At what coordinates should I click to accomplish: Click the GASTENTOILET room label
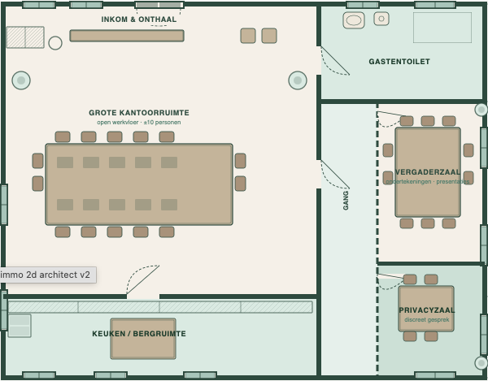(x=399, y=62)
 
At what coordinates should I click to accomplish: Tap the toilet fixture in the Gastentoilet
(x=354, y=20)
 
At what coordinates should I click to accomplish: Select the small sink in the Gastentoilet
(x=381, y=19)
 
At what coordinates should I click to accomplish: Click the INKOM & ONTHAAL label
(x=138, y=19)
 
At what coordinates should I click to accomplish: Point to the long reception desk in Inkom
(x=127, y=36)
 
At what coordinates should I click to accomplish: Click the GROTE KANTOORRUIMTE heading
(x=139, y=113)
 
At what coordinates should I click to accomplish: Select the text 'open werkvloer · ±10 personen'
(x=139, y=123)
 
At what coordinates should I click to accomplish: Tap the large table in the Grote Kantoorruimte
(x=139, y=184)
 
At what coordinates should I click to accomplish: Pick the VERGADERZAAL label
(x=428, y=172)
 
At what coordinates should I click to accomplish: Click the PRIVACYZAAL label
(x=426, y=310)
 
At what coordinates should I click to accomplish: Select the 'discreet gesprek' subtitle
(x=426, y=320)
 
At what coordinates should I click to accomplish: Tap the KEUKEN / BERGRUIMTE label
(x=139, y=334)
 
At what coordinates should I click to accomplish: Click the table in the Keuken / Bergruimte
(x=143, y=348)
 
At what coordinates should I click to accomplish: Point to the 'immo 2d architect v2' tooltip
(x=47, y=275)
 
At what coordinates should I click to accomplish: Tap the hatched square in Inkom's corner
(x=25, y=37)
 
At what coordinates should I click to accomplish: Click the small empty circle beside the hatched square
(x=55, y=43)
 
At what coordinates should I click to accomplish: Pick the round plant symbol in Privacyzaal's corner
(x=481, y=362)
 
